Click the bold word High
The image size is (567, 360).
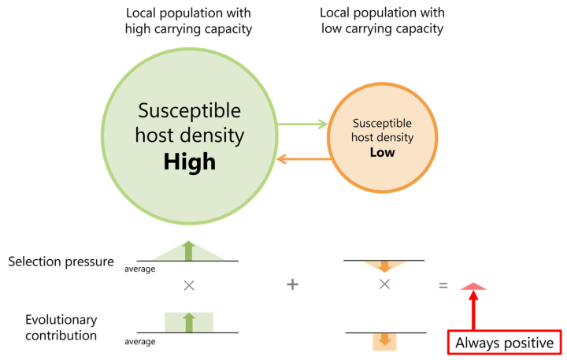tap(189, 162)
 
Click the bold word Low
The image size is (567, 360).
tap(382, 153)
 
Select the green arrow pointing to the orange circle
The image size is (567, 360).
tap(302, 124)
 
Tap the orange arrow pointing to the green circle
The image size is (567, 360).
tap(302, 159)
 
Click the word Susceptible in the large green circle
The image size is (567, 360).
tap(189, 110)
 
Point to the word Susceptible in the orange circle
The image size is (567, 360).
tap(382, 124)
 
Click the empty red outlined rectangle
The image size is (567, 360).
tap(504, 342)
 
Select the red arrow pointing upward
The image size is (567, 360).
tap(473, 311)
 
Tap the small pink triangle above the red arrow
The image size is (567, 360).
tap(473, 286)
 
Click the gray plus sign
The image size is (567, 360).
tap(292, 284)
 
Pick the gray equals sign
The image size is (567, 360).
tap(443, 285)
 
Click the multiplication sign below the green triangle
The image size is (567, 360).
tap(189, 285)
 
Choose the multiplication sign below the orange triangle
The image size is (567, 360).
tap(384, 284)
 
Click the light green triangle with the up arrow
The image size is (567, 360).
tap(188, 251)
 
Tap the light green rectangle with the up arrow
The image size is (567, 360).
tap(188, 322)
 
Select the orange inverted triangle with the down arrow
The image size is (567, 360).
tap(384, 265)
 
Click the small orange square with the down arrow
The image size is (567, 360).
tap(384, 341)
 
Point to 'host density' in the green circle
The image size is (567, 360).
tap(189, 135)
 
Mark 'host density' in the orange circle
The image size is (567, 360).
tap(382, 138)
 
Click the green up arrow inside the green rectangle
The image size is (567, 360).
tap(188, 322)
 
